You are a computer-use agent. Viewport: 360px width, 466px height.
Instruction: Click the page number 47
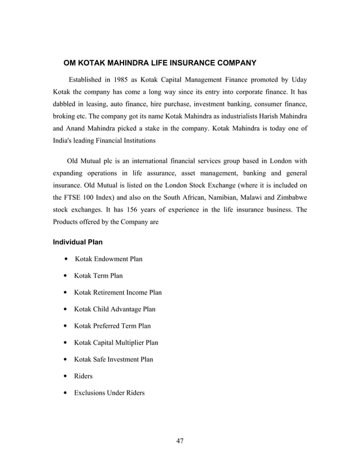(179, 441)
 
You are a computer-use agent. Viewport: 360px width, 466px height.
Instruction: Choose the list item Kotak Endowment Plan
(108, 259)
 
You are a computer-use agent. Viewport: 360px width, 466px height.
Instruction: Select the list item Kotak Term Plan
(98, 276)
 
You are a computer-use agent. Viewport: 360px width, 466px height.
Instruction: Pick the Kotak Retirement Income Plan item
(117, 292)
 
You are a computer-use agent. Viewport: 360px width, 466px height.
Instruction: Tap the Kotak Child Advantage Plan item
(115, 309)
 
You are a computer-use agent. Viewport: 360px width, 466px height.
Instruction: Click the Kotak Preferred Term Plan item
(112, 326)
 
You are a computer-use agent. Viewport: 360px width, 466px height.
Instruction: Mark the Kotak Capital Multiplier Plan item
(116, 342)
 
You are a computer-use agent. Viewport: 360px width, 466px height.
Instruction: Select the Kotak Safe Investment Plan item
(113, 359)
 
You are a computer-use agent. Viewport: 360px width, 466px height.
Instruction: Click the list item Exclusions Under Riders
(109, 392)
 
